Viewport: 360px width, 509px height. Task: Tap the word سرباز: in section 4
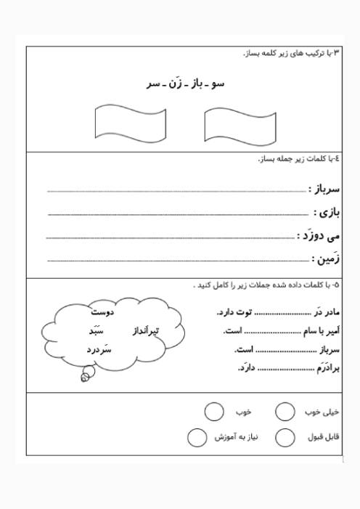pyautogui.click(x=324, y=189)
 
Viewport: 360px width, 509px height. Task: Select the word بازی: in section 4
pyautogui.click(x=327, y=213)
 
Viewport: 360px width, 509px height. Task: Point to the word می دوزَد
pyautogui.click(x=319, y=236)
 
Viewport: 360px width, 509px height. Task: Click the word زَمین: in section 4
pyautogui.click(x=326, y=258)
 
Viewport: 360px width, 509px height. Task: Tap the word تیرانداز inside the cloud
pyautogui.click(x=146, y=331)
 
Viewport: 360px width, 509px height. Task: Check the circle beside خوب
pyautogui.click(x=213, y=412)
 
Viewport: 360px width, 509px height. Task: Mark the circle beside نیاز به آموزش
pyautogui.click(x=197, y=439)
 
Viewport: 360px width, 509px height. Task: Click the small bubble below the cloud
pyautogui.click(x=86, y=376)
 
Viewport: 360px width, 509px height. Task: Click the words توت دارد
pyautogui.click(x=232, y=313)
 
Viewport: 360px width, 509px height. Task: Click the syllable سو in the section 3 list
pyautogui.click(x=218, y=84)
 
